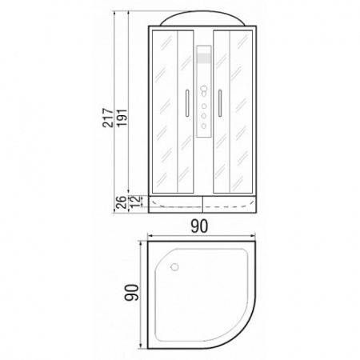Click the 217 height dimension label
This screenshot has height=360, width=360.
point(108,118)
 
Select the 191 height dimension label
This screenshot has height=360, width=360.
point(122,118)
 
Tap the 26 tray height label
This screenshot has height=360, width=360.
point(121,202)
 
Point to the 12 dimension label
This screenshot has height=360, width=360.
point(135,202)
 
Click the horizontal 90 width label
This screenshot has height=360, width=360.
point(199,226)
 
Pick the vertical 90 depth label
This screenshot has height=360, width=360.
point(132,293)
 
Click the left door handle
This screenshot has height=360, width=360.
point(187,103)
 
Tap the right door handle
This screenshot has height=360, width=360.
point(220,103)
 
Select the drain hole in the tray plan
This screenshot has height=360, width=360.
point(174,266)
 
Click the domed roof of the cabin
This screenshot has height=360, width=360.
point(202,18)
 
